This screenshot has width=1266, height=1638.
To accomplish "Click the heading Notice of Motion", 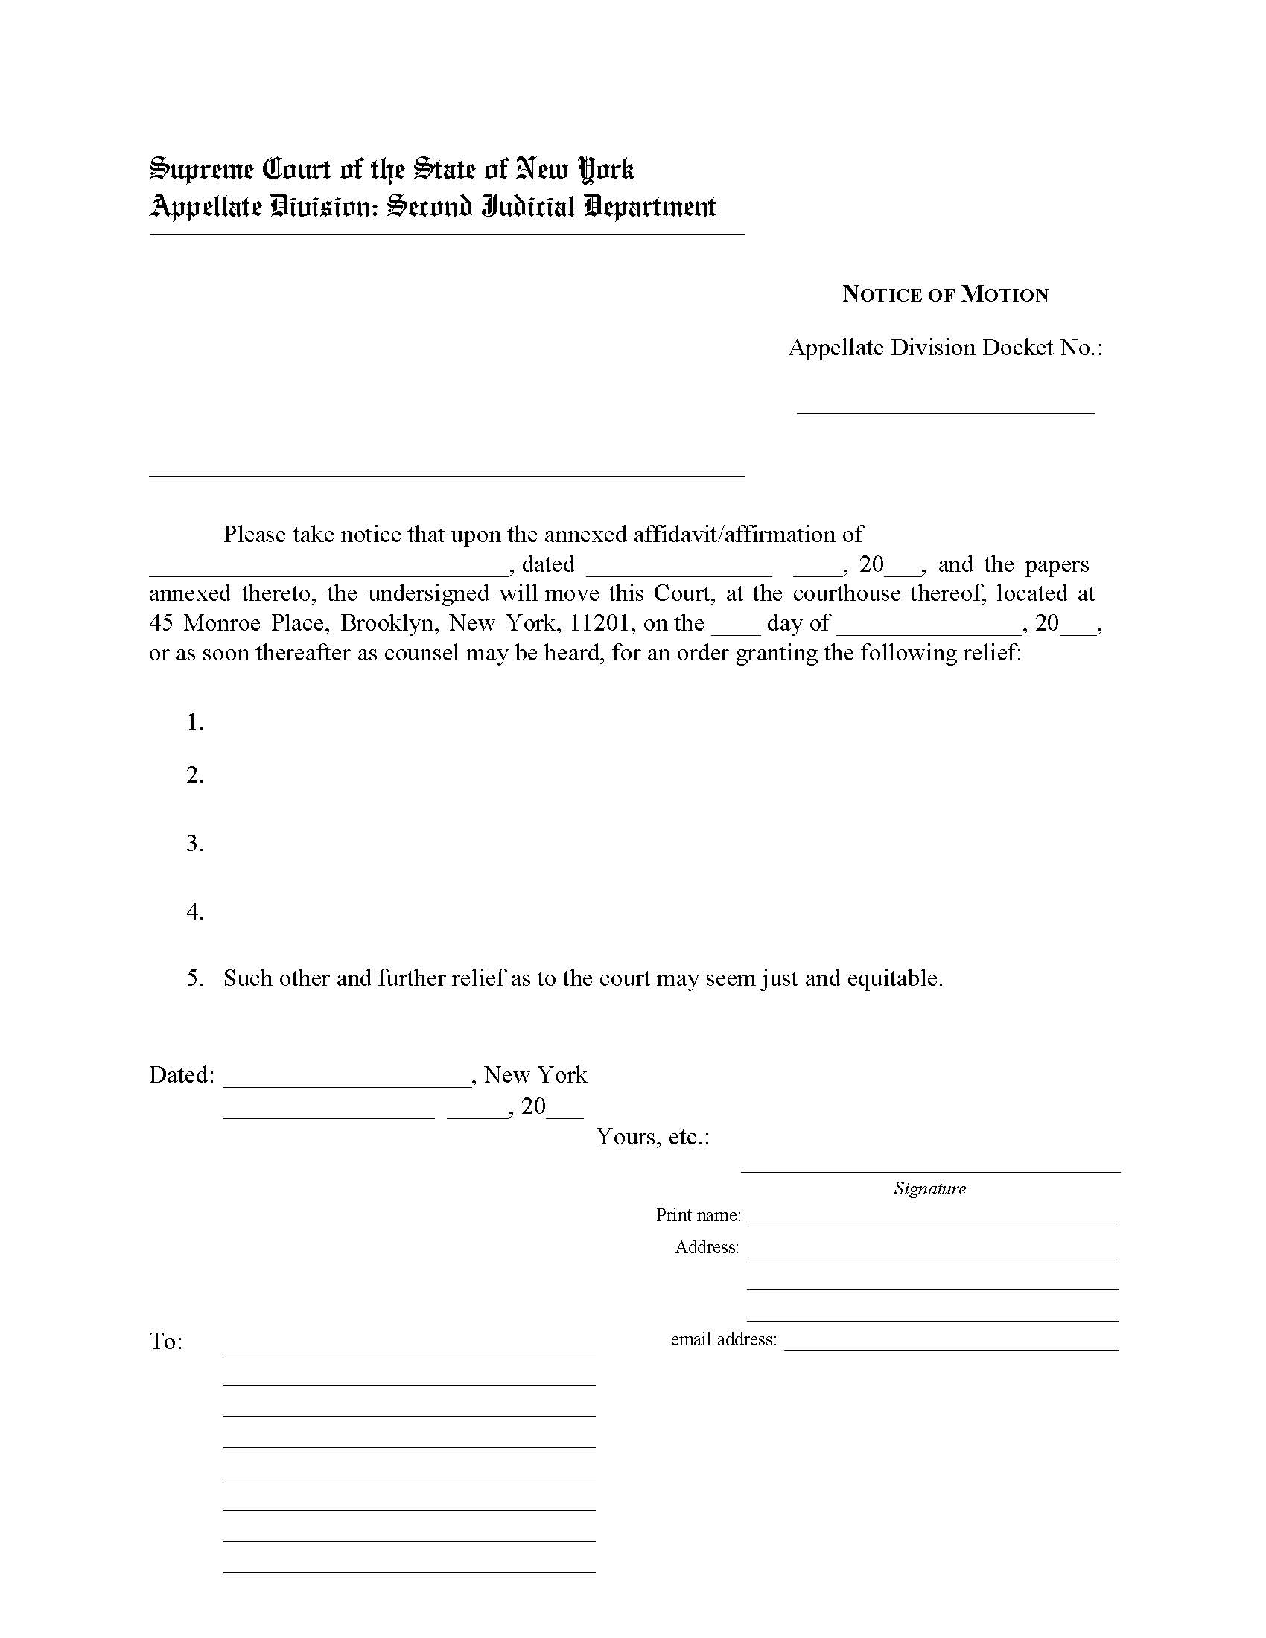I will coord(945,294).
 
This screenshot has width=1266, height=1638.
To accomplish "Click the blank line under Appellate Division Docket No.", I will coord(945,410).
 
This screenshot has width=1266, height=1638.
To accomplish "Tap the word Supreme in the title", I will coord(202,170).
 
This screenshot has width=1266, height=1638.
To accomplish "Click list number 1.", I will coord(194,722).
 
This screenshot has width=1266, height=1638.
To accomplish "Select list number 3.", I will coord(194,843).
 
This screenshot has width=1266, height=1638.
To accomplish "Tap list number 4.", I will coord(194,911).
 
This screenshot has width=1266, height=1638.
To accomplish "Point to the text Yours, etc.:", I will coord(652,1137).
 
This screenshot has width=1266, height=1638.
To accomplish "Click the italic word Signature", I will coord(929,1188).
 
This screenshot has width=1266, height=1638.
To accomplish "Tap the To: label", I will coord(166,1342).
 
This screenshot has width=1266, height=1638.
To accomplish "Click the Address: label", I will coord(707,1246).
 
